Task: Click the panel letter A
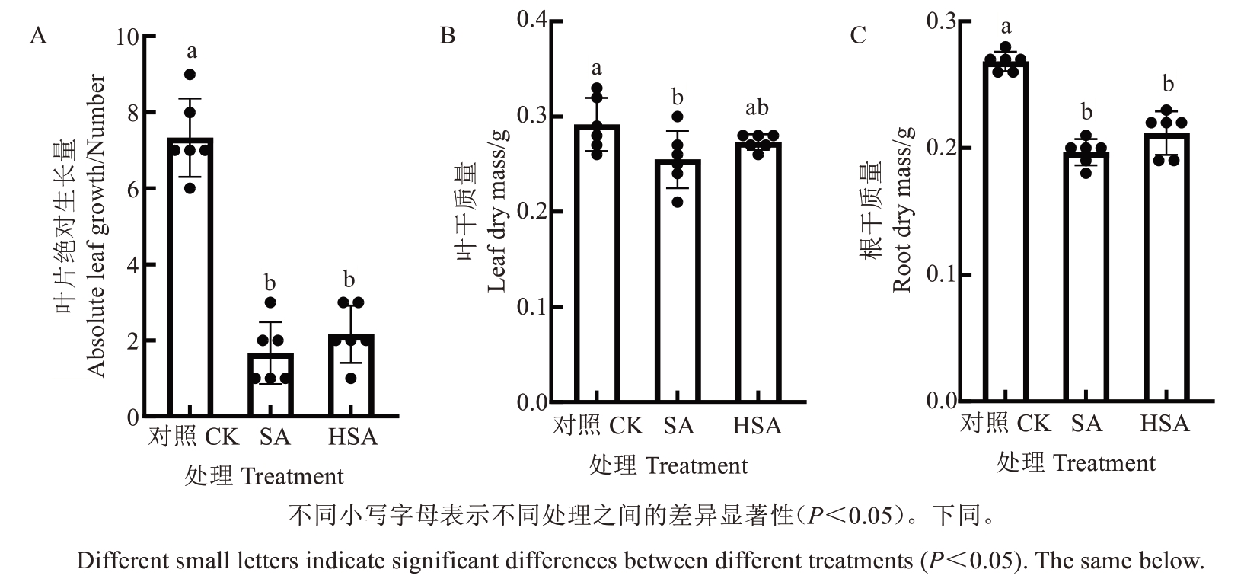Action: [x=38, y=35]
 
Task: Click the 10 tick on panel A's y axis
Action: [x=128, y=37]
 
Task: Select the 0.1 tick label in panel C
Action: [x=941, y=274]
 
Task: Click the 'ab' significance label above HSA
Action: [x=757, y=108]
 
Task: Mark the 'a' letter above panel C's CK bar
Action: [x=1006, y=27]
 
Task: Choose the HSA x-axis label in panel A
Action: [x=353, y=437]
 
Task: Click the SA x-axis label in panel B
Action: [x=678, y=424]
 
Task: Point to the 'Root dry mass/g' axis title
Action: [x=901, y=210]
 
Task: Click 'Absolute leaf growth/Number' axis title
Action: [x=94, y=225]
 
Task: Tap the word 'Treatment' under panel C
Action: [x=1105, y=462]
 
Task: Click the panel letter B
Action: [x=448, y=35]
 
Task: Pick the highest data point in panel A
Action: [x=190, y=75]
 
